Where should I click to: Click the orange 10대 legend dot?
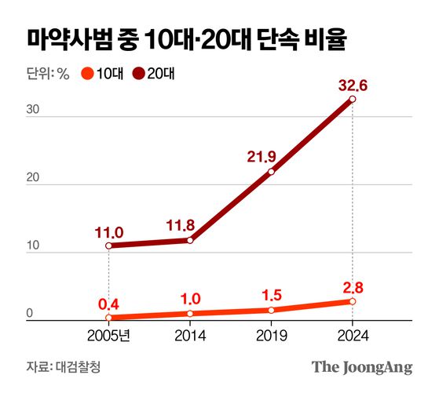87,75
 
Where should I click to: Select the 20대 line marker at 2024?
352,100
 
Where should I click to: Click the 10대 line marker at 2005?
108,318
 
